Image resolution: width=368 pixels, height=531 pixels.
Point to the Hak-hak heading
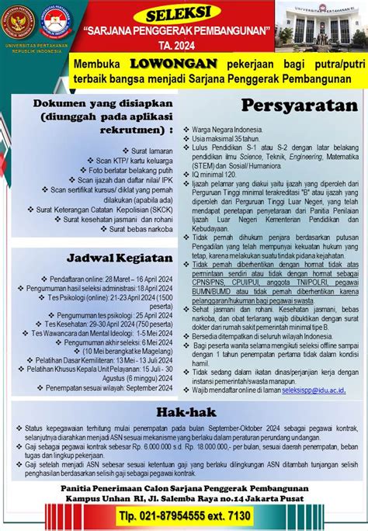pyautogui.click(x=184, y=411)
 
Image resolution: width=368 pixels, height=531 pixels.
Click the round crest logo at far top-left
pyautogui.click(x=18, y=21)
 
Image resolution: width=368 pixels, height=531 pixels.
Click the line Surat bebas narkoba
pyautogui.click(x=140, y=229)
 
